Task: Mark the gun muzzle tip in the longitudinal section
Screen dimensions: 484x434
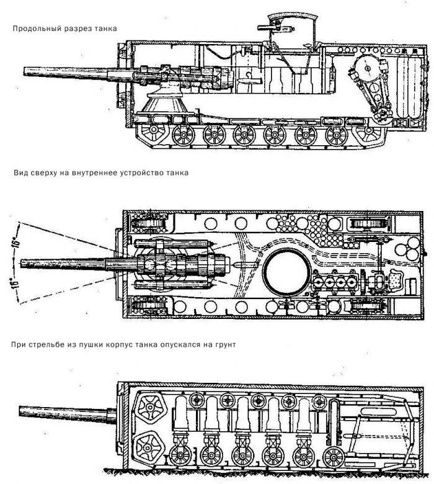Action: tap(23, 71)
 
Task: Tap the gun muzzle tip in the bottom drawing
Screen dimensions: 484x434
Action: tap(20, 411)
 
